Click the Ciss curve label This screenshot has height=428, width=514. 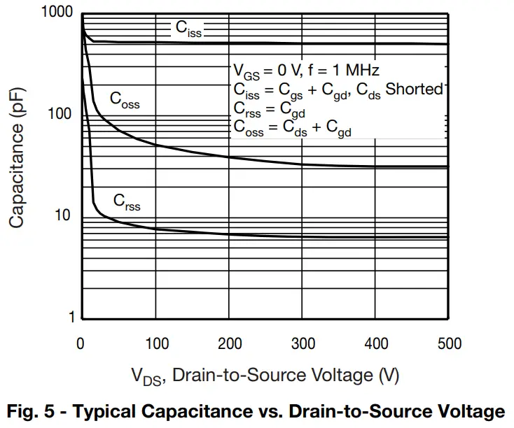188,29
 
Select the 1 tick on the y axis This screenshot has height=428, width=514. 71,317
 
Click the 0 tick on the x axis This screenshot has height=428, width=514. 81,343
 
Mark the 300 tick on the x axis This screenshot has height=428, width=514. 303,343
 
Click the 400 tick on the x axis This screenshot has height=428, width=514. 375,343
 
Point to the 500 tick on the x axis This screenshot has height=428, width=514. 449,343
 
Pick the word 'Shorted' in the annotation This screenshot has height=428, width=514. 415,90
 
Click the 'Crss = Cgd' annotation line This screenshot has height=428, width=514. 269,109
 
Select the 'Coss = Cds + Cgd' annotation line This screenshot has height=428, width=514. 292,129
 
